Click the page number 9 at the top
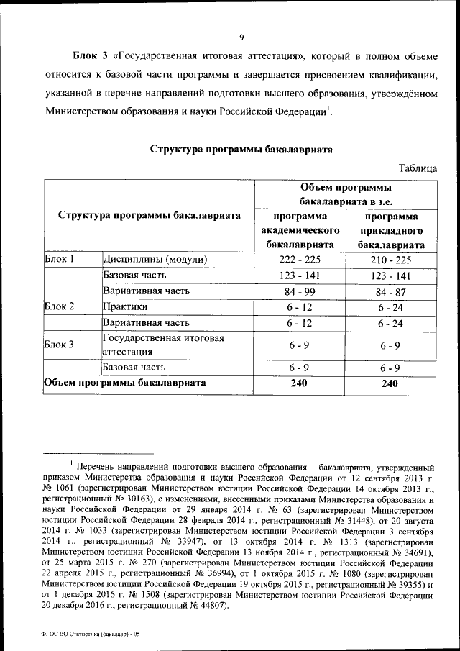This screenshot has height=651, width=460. [241, 37]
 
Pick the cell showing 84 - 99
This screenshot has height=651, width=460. [298, 291]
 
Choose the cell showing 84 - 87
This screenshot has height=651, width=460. [391, 291]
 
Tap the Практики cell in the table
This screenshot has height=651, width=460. [126, 307]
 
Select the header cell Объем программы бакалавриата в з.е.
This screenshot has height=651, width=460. [344, 194]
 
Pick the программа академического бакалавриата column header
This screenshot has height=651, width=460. [298, 230]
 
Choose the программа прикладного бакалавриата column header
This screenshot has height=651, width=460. [391, 230]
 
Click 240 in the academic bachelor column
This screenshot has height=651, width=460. [298, 383]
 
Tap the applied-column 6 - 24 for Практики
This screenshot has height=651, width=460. [391, 307]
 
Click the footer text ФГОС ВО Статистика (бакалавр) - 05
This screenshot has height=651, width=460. [91, 633]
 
